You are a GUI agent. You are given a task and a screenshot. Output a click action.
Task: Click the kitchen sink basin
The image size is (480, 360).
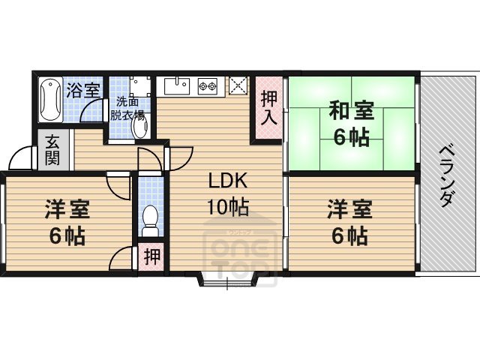click(177, 85)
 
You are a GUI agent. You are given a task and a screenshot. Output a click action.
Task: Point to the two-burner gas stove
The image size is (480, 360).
click(208, 87)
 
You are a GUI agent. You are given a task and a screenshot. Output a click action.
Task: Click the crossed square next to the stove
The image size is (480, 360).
click(238, 85)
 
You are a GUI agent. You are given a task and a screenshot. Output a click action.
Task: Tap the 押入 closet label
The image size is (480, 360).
click(268, 107)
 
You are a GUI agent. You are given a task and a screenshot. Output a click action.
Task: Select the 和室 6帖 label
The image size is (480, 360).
click(351, 124)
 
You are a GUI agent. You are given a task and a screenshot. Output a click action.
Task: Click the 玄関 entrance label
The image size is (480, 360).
click(52, 149)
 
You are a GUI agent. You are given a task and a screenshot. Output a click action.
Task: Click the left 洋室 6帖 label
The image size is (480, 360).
click(64, 223)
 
